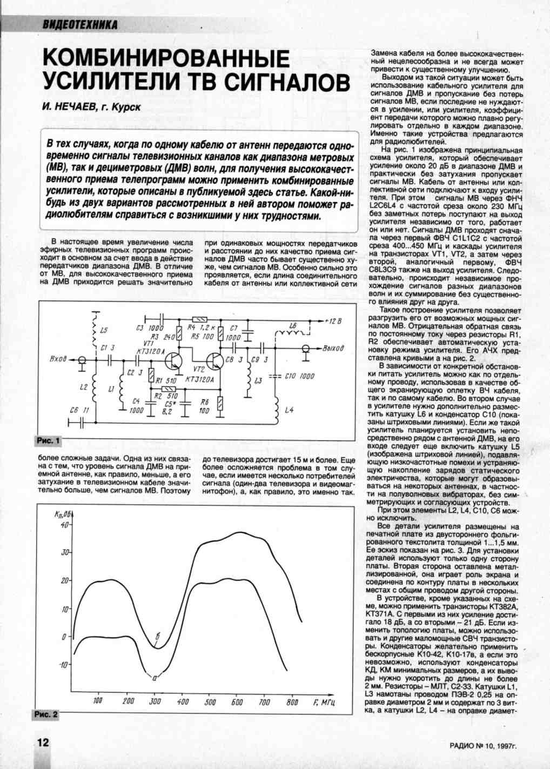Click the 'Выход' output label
[x=333, y=349]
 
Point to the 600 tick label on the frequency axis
[x=237, y=702]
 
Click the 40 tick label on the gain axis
[x=64, y=524]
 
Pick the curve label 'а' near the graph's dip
[x=155, y=676]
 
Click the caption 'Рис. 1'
[x=47, y=440]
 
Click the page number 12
[x=42, y=742]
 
